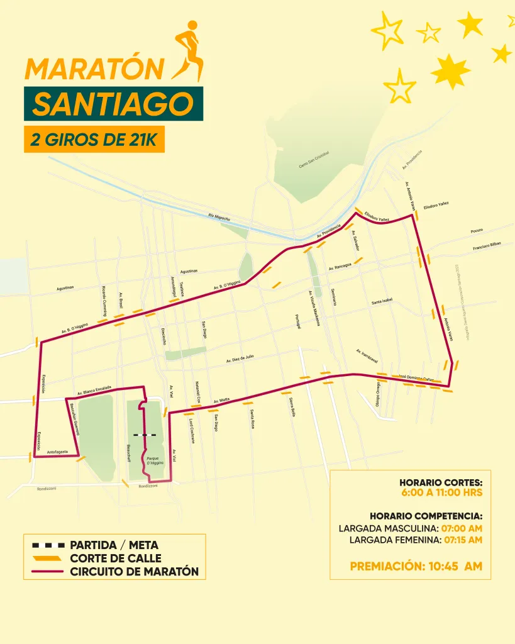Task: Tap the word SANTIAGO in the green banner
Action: click(113, 103)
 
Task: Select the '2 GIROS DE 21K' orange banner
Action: click(94, 139)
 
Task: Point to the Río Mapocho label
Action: click(219, 217)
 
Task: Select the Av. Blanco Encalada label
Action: click(93, 389)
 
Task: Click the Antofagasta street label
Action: click(57, 452)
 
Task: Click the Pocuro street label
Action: click(477, 231)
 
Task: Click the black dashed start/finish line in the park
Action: click(145, 435)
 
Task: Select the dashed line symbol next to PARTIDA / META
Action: click(45, 545)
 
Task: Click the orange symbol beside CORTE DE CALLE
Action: click(45, 558)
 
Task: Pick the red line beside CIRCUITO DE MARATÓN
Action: click(45, 572)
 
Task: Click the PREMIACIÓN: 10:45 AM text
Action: click(416, 566)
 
